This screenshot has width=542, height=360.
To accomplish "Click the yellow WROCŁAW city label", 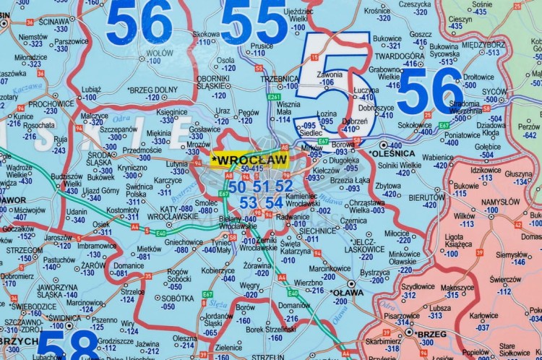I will pyautogui.click(x=249, y=159).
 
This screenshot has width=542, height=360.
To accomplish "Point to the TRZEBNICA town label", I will pyautogui.click(x=280, y=78).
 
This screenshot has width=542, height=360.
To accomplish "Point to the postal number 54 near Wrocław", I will pyautogui.click(x=274, y=202).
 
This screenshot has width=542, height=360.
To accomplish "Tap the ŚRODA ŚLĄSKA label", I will pyautogui.click(x=100, y=158).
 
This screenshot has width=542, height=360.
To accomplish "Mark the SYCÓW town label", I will pyautogui.click(x=495, y=92).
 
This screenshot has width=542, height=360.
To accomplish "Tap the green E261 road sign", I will pyautogui.click(x=274, y=96).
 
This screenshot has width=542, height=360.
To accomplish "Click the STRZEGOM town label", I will pyautogui.click(x=25, y=249).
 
